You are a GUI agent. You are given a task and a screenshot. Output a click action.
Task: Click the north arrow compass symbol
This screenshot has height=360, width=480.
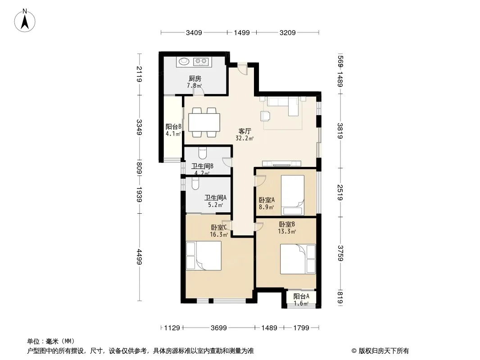25,20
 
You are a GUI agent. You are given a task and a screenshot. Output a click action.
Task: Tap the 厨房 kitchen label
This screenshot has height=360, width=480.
195,79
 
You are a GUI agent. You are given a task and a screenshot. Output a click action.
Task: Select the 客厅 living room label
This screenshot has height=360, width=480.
245,131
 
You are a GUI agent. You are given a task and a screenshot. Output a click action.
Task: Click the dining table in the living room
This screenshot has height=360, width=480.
204,122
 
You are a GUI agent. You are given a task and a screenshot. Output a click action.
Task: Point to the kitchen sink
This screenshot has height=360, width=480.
184,61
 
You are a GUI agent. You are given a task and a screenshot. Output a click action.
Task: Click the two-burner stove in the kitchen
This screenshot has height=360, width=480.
201,62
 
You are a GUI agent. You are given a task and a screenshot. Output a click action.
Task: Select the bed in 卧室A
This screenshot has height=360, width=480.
293,195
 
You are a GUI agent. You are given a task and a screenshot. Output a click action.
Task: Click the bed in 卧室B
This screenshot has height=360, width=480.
298,259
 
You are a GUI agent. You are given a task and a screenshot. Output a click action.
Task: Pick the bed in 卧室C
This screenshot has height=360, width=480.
204,256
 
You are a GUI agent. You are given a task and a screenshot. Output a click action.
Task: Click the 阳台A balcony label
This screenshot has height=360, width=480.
301,296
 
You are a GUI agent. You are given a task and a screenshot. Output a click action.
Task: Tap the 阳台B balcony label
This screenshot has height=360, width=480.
173,126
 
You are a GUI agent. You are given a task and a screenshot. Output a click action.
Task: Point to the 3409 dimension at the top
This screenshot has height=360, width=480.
194,32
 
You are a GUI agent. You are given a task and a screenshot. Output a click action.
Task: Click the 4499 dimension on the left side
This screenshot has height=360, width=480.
140,257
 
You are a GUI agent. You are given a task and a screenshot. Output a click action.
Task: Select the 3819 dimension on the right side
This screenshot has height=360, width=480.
340,130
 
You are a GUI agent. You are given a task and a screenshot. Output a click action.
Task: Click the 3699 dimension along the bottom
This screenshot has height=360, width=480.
218,328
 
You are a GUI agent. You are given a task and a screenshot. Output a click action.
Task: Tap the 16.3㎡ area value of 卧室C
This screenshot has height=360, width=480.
218,234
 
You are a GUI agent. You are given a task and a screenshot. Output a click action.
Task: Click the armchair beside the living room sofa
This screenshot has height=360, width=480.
265,116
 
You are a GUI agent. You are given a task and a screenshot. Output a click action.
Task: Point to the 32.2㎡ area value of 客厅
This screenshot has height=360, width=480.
245,138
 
